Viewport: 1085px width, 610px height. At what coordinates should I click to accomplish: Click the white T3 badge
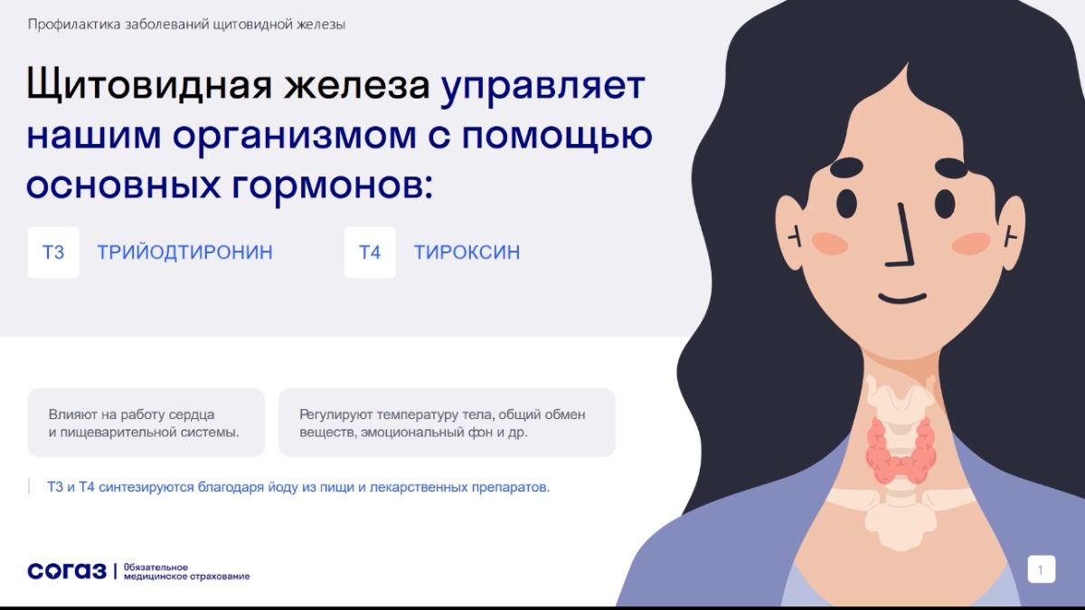(53, 253)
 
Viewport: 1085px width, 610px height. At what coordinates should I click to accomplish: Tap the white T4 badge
(370, 253)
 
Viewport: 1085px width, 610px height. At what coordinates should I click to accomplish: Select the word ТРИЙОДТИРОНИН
(185, 253)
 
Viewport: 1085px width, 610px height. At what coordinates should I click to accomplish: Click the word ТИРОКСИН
(467, 253)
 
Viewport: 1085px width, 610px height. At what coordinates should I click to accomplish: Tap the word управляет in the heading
(542, 87)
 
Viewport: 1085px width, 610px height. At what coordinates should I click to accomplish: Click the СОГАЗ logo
(67, 571)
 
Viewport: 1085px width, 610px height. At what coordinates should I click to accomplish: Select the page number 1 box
(1042, 569)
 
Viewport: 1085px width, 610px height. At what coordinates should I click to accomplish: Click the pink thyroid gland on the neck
(901, 452)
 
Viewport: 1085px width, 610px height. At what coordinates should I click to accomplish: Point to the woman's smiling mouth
(903, 298)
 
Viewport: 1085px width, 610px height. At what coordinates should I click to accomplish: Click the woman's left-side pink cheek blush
(830, 243)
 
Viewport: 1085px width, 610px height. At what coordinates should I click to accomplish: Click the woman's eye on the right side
(944, 204)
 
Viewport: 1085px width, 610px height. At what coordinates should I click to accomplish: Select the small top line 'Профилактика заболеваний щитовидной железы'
(186, 24)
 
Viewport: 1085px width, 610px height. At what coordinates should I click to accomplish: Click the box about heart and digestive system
(146, 423)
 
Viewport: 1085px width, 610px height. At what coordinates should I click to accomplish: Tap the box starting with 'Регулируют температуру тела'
(447, 423)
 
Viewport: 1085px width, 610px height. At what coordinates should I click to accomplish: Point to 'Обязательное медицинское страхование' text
(187, 572)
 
